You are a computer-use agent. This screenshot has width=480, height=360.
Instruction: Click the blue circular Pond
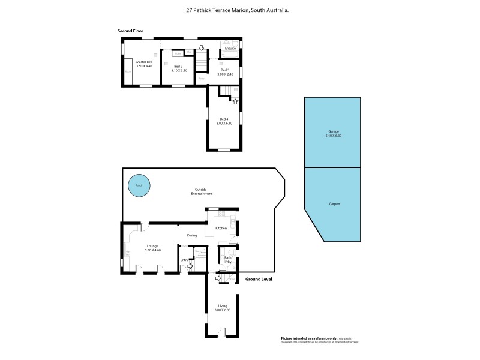click(139, 185)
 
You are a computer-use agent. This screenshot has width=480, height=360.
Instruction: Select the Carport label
click(334, 204)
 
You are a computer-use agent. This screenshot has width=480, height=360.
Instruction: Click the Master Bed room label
click(144, 62)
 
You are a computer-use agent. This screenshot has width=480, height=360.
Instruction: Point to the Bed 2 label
click(178, 66)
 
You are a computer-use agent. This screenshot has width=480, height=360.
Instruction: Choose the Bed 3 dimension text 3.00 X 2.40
click(224, 74)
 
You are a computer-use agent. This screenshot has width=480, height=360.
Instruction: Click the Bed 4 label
click(224, 119)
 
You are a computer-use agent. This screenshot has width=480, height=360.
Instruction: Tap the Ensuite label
click(230, 48)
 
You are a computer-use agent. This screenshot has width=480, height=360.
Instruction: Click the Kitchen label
click(221, 229)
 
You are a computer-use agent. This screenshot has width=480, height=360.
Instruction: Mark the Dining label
click(192, 236)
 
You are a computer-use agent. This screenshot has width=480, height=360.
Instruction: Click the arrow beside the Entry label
click(190, 266)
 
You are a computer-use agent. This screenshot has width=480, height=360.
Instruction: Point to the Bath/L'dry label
click(228, 260)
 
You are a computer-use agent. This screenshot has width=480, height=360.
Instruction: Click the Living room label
click(223, 306)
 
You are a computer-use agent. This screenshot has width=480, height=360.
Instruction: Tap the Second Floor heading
click(130, 31)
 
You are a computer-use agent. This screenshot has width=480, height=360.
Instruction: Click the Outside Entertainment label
click(202, 192)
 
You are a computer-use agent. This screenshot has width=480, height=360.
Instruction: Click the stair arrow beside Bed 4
click(235, 101)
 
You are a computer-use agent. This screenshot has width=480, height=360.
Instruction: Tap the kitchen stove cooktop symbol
click(221, 214)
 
